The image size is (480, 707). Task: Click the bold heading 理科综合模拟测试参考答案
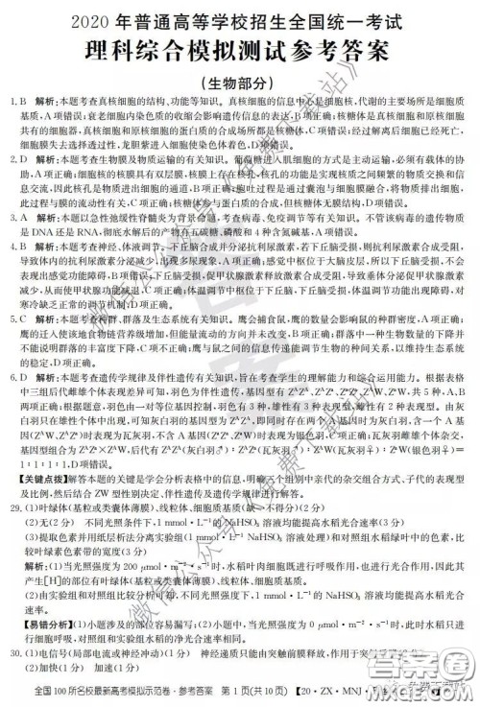point(240,48)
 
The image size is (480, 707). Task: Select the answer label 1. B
point(16,101)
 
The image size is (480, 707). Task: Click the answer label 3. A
point(16,218)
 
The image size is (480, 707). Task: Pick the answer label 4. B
point(16,246)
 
